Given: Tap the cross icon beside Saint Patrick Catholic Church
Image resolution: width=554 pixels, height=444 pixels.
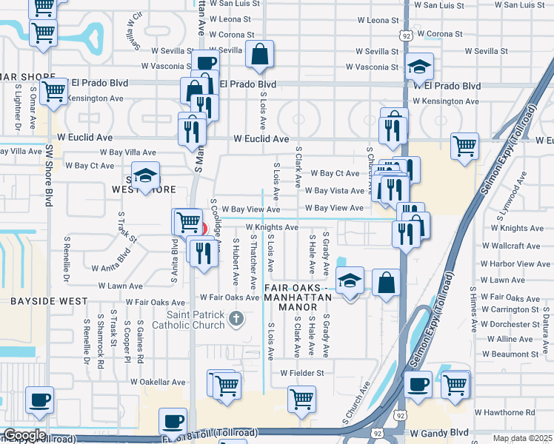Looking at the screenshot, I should coord(236,320).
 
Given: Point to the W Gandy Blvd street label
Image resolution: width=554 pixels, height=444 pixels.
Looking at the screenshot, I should coord(439,432).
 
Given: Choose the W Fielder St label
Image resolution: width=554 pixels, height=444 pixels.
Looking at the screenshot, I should coord(302,374).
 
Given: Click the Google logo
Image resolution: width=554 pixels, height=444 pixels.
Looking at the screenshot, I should coord(24,435).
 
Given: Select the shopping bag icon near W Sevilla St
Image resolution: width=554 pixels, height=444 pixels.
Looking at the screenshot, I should coord(259,54).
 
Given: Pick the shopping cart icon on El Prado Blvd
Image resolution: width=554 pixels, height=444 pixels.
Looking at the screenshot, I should coord(53,92).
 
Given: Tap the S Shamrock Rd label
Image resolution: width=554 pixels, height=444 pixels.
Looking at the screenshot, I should coord(100,347).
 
